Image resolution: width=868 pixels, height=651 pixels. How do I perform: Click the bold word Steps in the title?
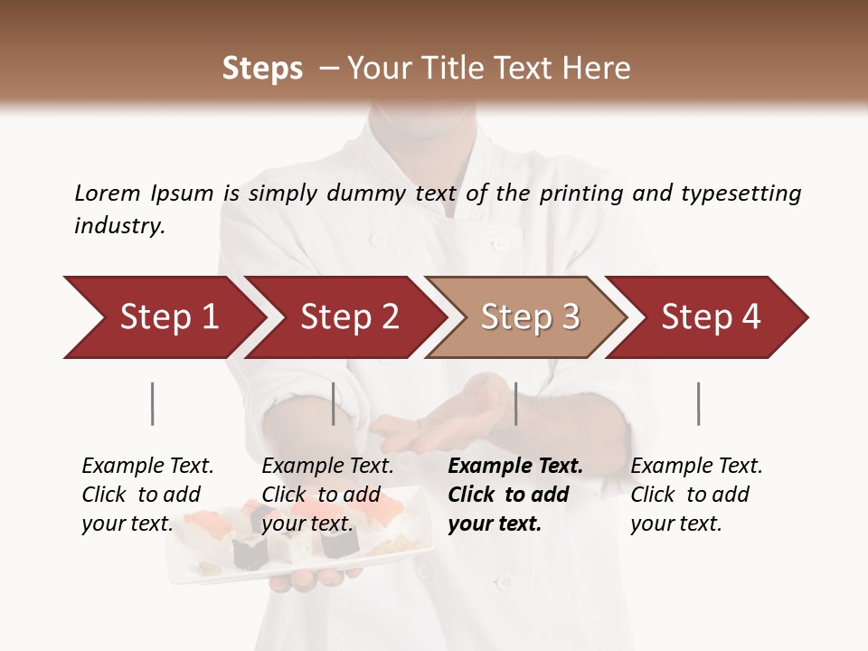click(x=262, y=69)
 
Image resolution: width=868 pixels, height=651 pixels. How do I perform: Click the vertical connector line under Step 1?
click(x=153, y=403)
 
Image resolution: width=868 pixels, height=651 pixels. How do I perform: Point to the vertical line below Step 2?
click(x=334, y=403)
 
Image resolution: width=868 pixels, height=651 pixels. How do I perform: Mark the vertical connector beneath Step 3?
click(x=516, y=403)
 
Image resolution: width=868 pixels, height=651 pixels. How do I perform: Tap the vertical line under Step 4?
click(x=699, y=403)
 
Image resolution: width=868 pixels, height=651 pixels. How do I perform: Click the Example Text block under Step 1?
click(x=147, y=495)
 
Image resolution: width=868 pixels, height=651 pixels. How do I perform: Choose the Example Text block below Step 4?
click(x=696, y=495)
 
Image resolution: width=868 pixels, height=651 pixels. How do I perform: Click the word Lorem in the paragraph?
click(x=108, y=193)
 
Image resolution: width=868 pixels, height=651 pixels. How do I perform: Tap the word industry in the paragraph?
click(x=119, y=225)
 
